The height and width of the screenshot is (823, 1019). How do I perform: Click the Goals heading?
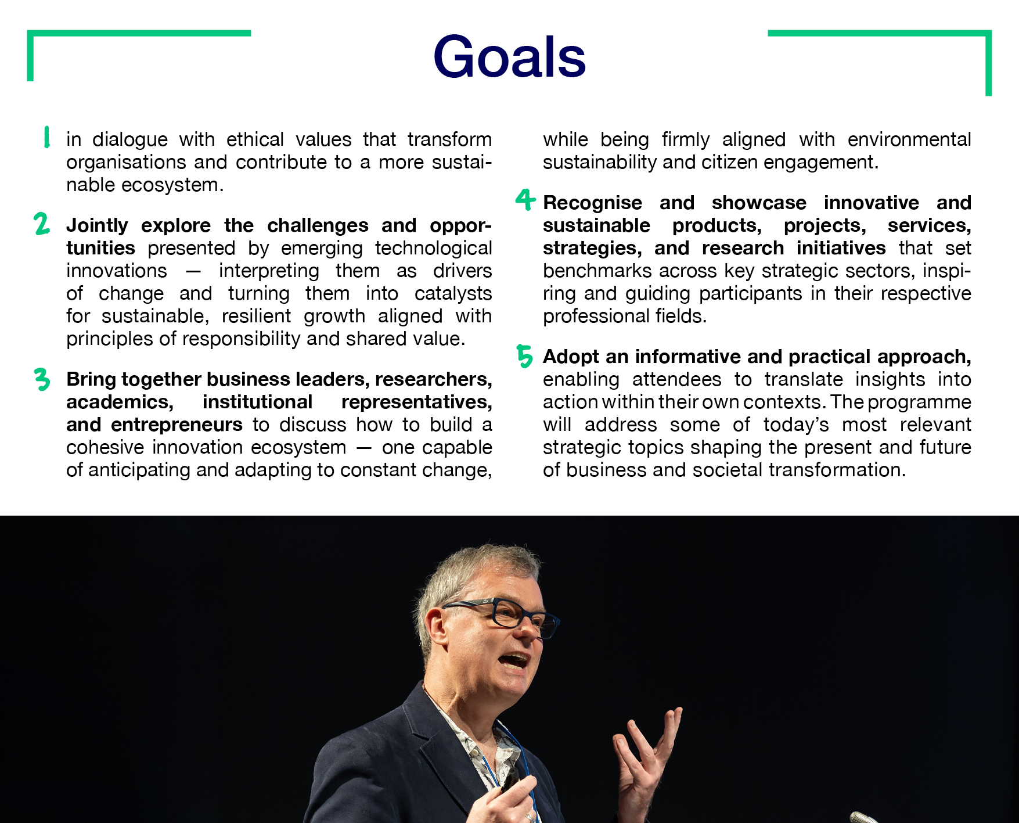pos(509,57)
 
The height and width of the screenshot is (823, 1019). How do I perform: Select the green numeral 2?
pos(42,224)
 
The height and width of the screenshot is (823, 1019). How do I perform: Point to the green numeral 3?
pos(42,379)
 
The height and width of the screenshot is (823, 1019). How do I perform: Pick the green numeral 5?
pos(524,356)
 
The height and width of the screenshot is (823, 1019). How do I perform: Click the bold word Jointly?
pos(97,226)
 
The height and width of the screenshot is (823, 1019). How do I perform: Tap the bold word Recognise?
pos(592,203)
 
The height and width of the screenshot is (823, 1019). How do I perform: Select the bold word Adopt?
pos(571,357)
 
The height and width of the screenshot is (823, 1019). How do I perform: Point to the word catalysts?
pos(453,293)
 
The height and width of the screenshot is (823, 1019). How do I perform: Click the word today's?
pos(795,425)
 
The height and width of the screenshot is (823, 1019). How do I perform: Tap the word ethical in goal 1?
pos(255,139)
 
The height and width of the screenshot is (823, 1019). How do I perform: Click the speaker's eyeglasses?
pos(502,615)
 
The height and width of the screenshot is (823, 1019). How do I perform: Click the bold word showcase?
pos(759,203)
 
